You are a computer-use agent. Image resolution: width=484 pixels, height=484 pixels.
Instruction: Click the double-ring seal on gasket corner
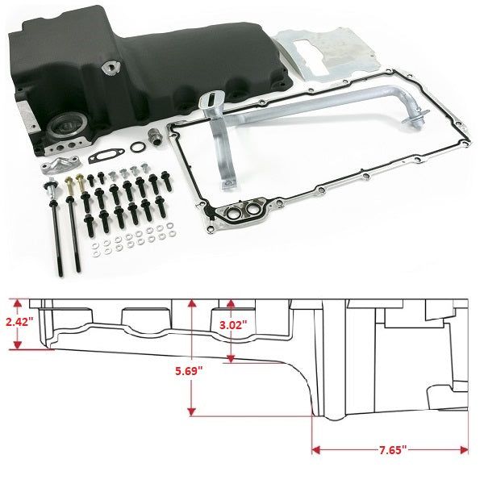point(244,213)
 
